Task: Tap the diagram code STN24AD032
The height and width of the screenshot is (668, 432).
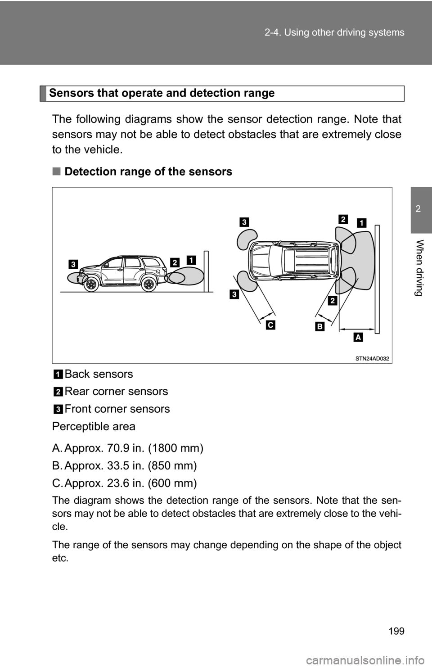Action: [372, 359]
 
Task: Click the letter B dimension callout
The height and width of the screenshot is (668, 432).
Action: [319, 326]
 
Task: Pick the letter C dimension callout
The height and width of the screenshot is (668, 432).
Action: [271, 325]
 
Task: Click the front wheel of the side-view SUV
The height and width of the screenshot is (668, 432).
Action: [91, 284]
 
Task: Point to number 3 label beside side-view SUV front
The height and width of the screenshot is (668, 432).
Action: [72, 264]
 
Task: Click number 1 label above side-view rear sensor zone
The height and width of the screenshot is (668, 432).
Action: [192, 260]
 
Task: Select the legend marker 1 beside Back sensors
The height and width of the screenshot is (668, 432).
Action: [58, 374]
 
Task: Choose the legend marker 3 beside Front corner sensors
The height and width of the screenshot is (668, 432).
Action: [58, 409]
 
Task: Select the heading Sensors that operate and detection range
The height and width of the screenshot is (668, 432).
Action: [162, 93]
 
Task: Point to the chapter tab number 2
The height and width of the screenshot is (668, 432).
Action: [418, 209]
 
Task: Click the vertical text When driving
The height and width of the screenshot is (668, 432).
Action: [418, 268]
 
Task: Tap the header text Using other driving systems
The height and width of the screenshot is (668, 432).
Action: [344, 32]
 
